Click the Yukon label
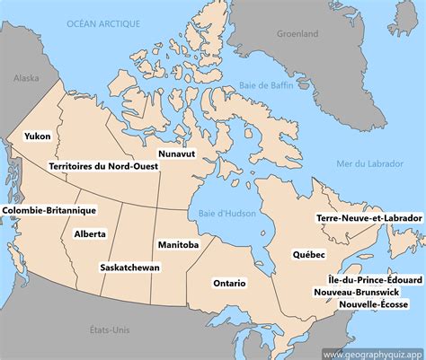(38, 136)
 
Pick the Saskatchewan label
(130, 268)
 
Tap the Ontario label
(229, 283)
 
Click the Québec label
(308, 255)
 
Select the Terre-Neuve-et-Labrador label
(369, 218)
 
